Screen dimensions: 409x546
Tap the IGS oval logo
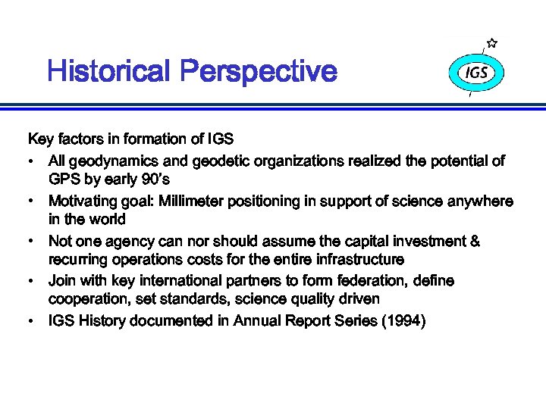point(476,74)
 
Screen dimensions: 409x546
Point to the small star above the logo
point(492,43)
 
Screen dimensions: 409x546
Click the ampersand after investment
point(475,242)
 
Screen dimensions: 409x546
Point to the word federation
point(372,281)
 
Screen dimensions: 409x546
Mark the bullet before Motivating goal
point(29,201)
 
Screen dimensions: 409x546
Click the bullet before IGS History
point(29,321)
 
